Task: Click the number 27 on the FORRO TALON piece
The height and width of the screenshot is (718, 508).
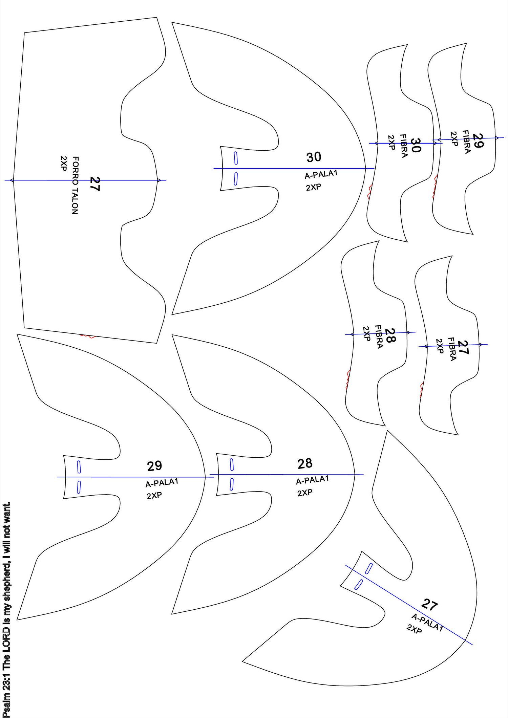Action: [94, 184]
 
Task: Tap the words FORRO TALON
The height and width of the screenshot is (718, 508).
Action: [75, 185]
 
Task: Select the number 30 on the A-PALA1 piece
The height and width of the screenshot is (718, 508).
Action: [314, 157]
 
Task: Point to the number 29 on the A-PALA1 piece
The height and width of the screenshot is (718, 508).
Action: [154, 466]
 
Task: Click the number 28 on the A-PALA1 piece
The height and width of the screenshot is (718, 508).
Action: [305, 464]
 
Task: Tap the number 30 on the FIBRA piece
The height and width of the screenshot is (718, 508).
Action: [416, 145]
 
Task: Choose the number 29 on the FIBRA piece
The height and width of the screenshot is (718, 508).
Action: [478, 140]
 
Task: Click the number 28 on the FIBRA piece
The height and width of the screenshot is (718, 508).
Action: [390, 335]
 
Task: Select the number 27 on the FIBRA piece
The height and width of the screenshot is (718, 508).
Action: [463, 347]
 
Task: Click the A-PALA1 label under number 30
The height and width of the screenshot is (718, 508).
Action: [321, 174]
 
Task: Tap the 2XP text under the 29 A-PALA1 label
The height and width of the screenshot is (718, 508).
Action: [154, 496]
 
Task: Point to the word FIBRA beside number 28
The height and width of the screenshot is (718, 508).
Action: [379, 337]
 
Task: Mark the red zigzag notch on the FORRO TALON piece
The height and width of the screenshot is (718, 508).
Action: [87, 336]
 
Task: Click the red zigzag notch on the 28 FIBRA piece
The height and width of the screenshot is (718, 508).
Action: [348, 379]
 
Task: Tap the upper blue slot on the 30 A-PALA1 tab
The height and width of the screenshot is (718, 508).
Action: [236, 158]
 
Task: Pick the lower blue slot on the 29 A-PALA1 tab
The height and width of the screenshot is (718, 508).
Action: [79, 487]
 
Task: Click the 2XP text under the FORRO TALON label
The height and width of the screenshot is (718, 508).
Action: [64, 164]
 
